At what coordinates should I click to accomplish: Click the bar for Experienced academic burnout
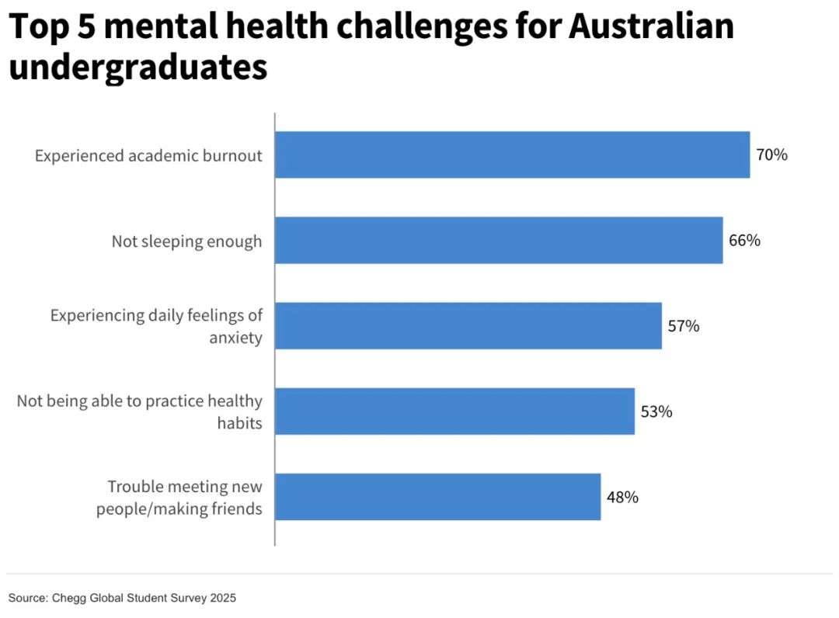click(512, 155)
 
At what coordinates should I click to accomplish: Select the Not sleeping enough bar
click(499, 241)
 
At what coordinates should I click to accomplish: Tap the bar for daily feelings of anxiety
click(468, 326)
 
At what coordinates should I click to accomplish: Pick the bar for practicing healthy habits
click(454, 411)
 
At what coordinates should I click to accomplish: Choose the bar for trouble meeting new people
click(437, 497)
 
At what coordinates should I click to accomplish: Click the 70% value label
click(771, 155)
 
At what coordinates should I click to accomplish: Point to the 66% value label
click(744, 241)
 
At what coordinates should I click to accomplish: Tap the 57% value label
click(684, 326)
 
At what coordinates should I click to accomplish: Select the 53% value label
click(656, 411)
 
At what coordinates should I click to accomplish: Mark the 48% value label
click(622, 497)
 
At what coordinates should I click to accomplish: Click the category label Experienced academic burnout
click(148, 156)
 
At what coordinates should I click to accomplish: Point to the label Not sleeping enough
click(186, 241)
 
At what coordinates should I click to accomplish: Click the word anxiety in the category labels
click(235, 339)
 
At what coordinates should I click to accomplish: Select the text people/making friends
click(179, 509)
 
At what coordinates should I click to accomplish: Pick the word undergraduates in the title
click(138, 67)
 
